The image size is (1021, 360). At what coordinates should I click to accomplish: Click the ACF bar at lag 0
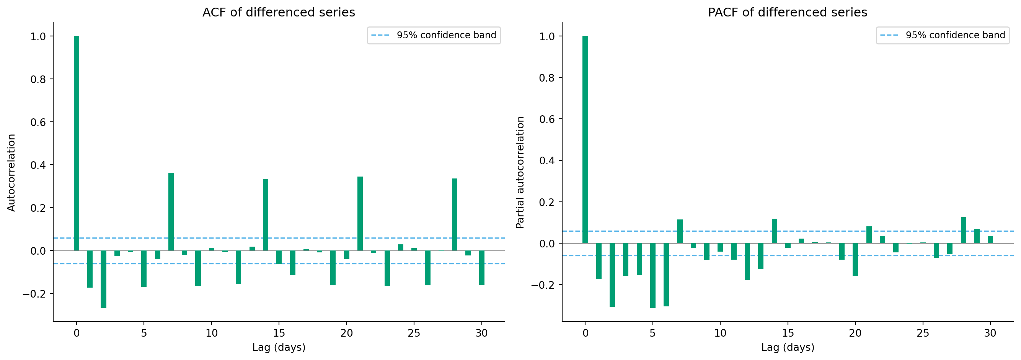pos(77,143)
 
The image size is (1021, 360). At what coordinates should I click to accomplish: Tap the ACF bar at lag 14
pos(266,214)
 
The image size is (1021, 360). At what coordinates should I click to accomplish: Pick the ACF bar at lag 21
pos(360,213)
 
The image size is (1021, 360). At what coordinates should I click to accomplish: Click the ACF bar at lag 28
pos(455,214)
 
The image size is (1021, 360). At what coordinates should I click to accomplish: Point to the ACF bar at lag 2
pos(103,279)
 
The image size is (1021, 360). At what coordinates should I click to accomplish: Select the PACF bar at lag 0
pos(585,139)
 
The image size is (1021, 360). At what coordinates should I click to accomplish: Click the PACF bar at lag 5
pos(653,275)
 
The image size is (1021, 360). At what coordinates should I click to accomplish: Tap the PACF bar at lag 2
pos(612,274)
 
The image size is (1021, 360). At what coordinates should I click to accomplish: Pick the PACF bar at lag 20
pos(855,259)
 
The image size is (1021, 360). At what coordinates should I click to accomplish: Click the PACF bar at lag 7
pos(680,231)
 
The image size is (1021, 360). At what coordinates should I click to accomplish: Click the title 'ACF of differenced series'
pos(279,12)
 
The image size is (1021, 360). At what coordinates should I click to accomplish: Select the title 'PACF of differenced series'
pos(787,12)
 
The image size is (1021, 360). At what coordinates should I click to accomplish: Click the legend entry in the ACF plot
pos(434,35)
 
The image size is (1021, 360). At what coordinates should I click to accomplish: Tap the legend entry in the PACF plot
pos(943,35)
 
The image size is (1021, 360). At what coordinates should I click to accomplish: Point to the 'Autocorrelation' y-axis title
pos(11,172)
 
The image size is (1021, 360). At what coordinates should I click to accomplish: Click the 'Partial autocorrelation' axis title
pos(520,172)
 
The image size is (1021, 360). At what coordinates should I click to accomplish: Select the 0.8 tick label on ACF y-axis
pos(38,79)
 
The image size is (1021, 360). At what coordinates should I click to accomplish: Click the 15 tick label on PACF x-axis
pos(788,333)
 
